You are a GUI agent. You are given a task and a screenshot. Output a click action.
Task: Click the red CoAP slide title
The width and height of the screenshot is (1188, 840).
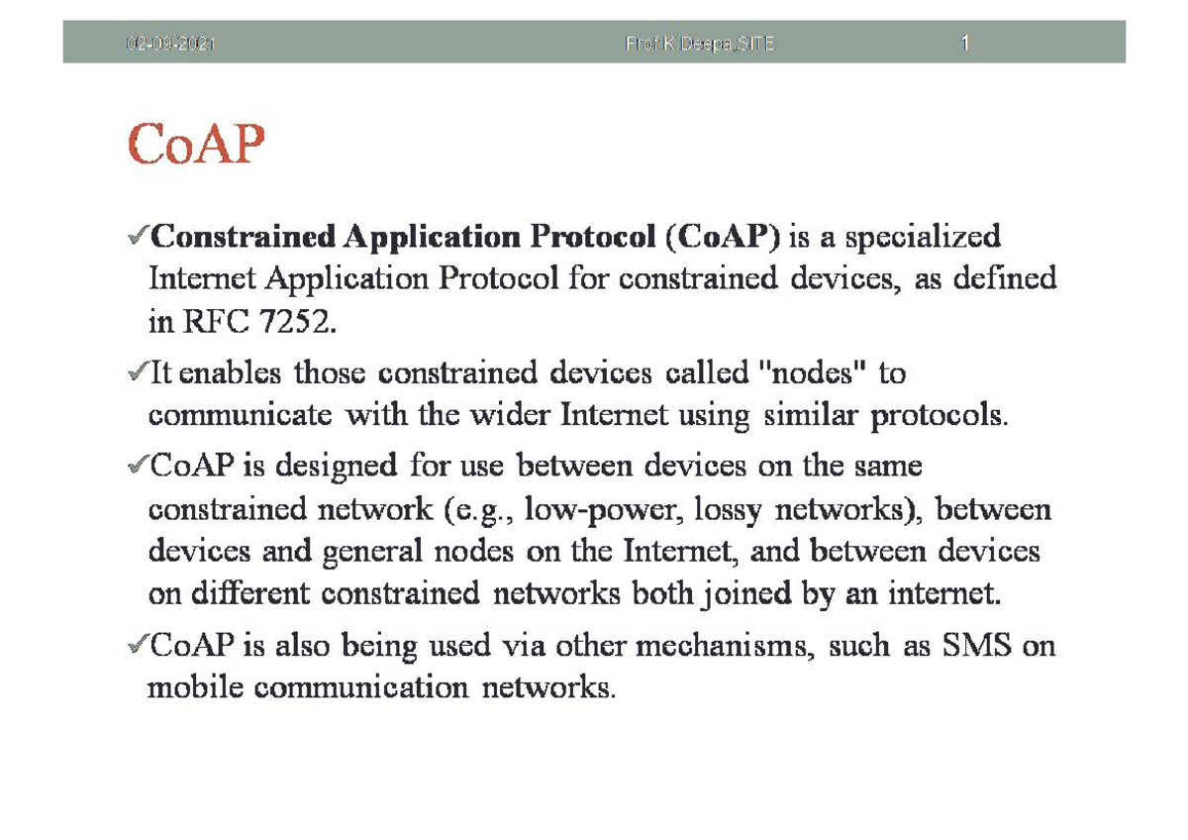pos(196,146)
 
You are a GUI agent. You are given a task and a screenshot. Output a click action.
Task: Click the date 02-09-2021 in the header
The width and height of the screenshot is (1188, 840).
pos(170,45)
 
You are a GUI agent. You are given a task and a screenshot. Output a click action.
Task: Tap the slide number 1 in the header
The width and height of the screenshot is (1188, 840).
pos(963,45)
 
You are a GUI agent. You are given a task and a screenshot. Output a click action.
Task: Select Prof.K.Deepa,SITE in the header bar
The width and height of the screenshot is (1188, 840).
pos(700,45)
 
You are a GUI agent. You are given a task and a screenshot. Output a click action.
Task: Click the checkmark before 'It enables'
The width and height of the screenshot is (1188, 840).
pos(138,374)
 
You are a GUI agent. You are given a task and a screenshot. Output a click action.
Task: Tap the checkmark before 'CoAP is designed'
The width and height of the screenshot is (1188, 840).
pos(138,466)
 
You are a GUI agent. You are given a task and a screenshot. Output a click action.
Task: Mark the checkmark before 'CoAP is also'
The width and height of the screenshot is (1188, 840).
pos(138,648)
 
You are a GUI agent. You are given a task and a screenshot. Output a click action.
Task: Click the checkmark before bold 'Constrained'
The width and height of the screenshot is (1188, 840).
pos(138,239)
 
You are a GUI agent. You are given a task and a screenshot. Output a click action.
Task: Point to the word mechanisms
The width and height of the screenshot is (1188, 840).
pos(722,647)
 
